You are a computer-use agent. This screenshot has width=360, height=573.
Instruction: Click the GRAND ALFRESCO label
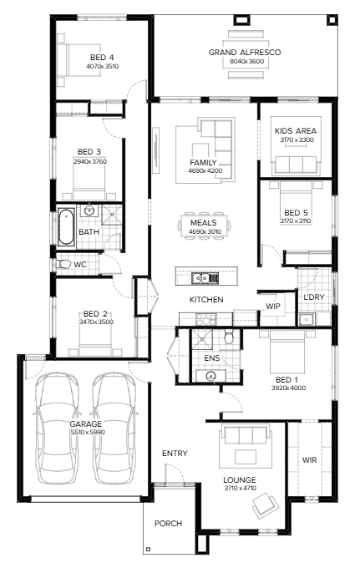coord(244,52)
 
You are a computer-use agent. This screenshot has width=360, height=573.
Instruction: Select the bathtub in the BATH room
coord(66,226)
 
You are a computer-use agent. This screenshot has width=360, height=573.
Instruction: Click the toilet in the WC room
coord(63,264)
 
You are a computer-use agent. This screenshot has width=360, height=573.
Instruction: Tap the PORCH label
coord(168,524)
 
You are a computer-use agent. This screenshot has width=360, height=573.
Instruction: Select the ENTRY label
coord(175,454)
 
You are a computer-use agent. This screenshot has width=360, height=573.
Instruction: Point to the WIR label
coord(309,459)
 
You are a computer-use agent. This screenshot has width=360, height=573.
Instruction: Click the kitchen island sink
coord(200,277)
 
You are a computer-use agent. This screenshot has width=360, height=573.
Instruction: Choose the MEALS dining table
coord(204,224)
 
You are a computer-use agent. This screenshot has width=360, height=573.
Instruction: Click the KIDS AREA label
coord(294,130)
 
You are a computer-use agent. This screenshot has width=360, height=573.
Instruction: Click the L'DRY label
coord(313,298)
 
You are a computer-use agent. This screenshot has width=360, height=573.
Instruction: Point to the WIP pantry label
coord(272,306)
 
